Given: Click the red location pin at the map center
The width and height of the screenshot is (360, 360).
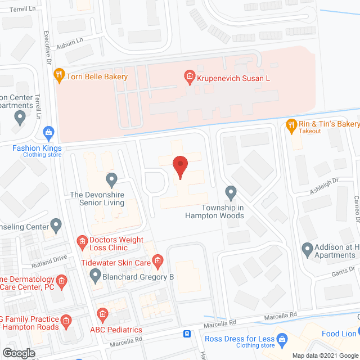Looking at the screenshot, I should [x=179, y=166].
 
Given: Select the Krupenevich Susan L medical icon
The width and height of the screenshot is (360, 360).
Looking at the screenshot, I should [x=190, y=76].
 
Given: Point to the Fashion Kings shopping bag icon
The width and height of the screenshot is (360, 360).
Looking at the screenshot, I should [x=48, y=133].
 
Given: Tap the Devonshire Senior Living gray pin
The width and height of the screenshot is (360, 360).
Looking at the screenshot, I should [x=111, y=180].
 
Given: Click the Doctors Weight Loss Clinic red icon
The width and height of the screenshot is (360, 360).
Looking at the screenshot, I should [x=82, y=242].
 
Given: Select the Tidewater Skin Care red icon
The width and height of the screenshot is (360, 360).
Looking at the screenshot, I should [x=158, y=260].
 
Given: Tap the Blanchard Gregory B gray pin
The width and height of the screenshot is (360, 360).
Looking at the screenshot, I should [x=94, y=276].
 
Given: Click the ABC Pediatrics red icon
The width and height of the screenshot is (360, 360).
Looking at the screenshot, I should [x=102, y=314].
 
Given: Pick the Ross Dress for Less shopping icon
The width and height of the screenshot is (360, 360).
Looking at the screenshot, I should [x=283, y=339].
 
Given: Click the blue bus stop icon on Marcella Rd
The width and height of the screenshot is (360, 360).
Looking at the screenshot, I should [x=187, y=334].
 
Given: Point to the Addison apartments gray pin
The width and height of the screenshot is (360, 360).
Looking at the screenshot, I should [x=307, y=247].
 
